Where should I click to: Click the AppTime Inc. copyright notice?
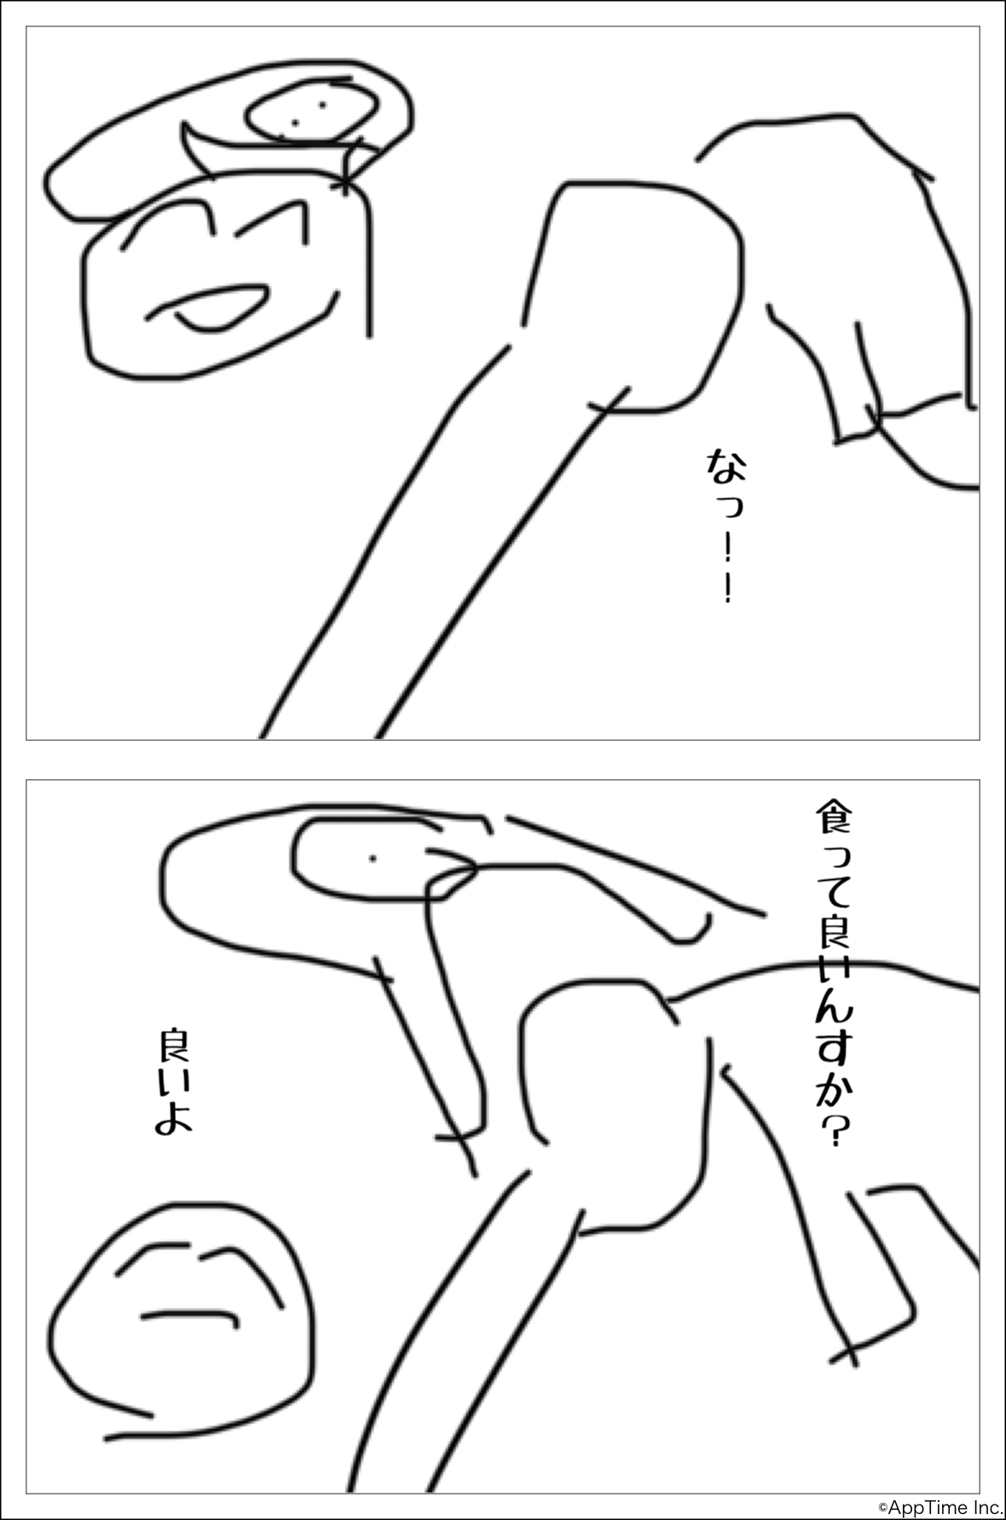click(x=940, y=1508)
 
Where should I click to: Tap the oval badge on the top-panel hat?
click(x=311, y=113)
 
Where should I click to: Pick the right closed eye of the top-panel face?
click(x=271, y=224)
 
